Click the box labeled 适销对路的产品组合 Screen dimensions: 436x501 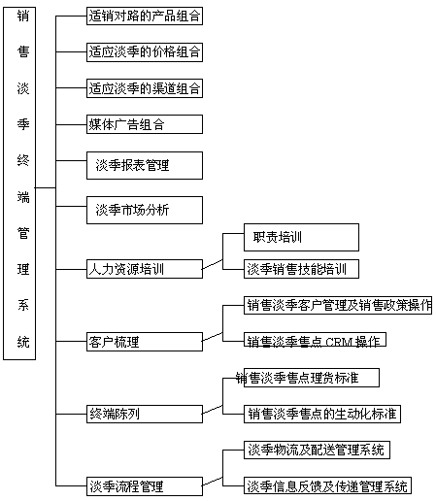[x=145, y=16]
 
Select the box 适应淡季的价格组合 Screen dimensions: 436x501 [x=145, y=52]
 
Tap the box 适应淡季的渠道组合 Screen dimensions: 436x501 [x=145, y=88]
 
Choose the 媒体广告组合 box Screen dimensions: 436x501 [x=145, y=124]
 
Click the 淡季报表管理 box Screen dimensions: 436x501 [x=145, y=165]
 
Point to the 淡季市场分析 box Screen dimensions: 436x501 [x=145, y=210]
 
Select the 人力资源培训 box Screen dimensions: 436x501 [x=145, y=269]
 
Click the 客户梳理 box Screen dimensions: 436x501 [x=145, y=342]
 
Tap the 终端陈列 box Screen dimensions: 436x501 [x=145, y=414]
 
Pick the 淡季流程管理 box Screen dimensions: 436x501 [x=145, y=486]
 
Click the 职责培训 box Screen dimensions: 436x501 [x=301, y=237]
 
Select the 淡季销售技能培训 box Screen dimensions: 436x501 [x=301, y=269]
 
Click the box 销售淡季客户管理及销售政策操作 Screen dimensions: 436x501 [x=338, y=305]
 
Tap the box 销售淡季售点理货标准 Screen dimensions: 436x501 [x=312, y=378]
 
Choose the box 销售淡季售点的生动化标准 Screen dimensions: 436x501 [x=322, y=414]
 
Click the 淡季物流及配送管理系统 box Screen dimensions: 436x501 [x=317, y=450]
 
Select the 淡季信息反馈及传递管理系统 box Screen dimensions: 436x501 [x=327, y=485]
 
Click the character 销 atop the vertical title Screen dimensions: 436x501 [x=23, y=16]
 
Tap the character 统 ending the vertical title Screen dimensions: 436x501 [x=23, y=342]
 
